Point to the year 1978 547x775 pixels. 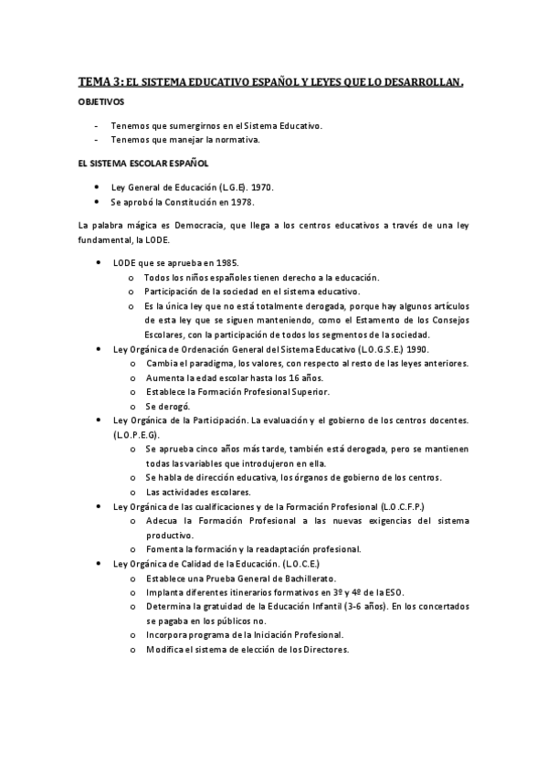tap(241, 202)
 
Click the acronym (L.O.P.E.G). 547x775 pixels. tap(136, 434)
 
